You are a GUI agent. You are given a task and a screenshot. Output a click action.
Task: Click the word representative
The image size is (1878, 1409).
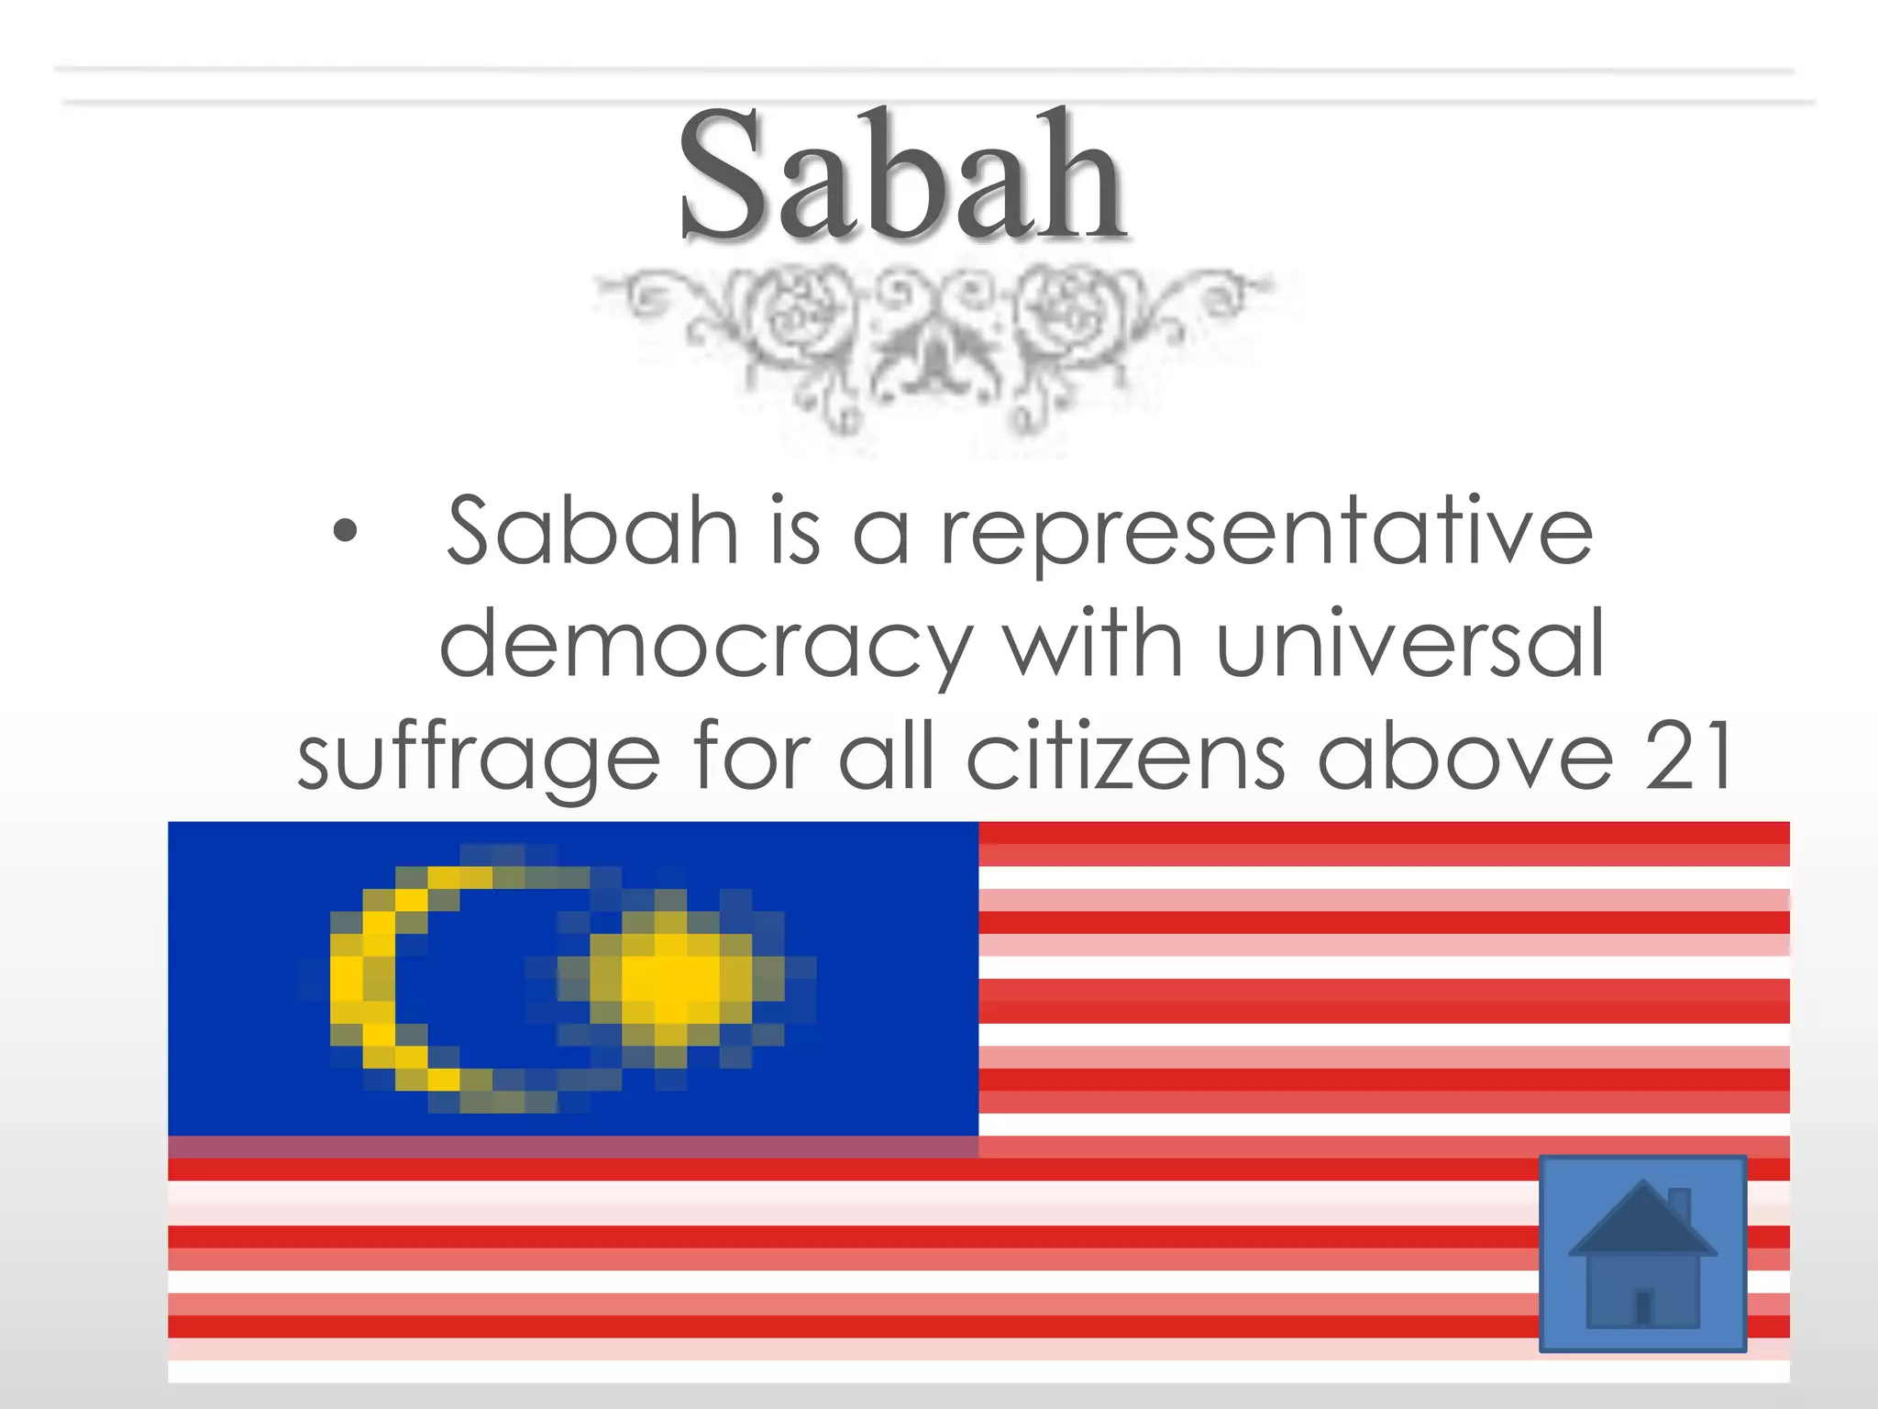click(x=1267, y=534)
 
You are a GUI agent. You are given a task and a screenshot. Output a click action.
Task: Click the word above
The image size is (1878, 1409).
click(x=1464, y=758)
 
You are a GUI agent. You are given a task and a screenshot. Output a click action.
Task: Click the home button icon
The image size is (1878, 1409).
click(x=1642, y=1253)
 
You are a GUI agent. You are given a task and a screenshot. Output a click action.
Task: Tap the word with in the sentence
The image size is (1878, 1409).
click(x=1092, y=644)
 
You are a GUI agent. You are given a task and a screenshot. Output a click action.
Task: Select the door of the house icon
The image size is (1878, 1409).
click(x=1643, y=1306)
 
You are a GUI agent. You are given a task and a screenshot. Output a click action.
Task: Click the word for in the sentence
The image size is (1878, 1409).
click(x=751, y=758)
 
